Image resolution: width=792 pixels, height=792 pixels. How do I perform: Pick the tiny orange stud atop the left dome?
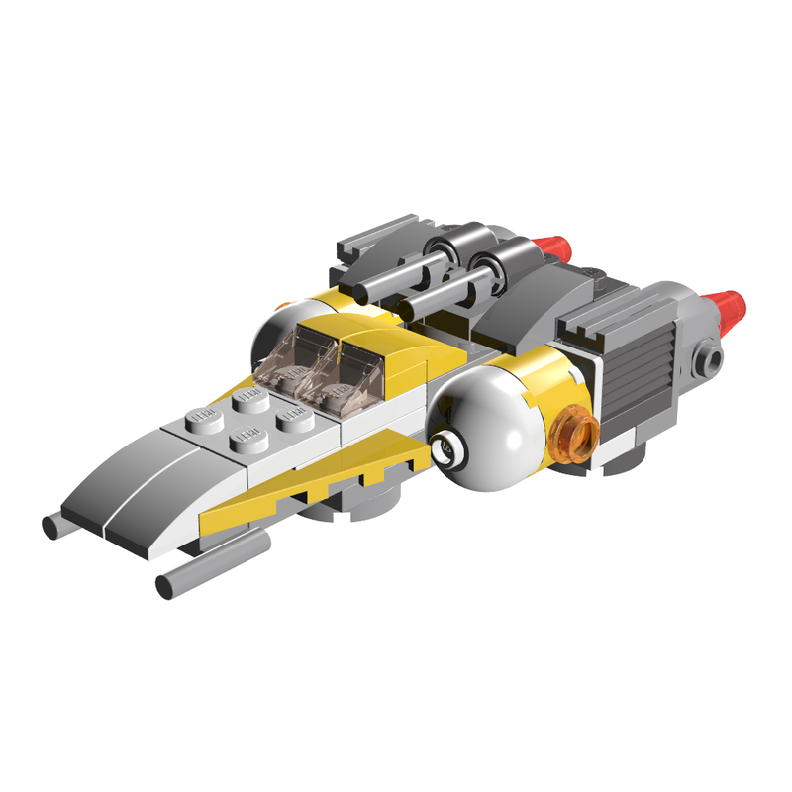[x=284, y=304]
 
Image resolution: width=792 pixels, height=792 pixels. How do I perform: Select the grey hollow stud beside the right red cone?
[x=711, y=358]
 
